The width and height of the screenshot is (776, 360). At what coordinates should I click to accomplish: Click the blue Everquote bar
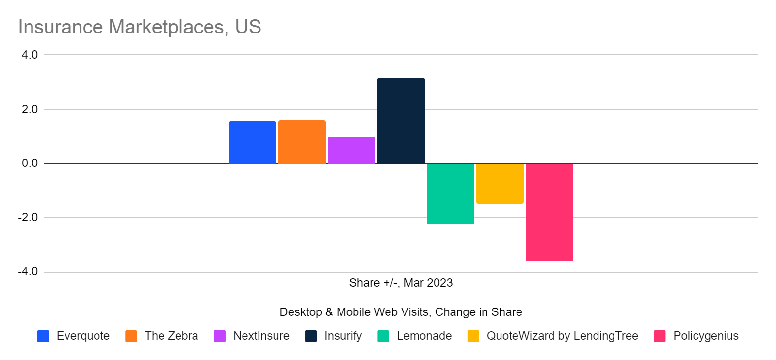coord(252,143)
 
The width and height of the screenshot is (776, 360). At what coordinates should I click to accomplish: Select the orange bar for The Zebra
coord(302,142)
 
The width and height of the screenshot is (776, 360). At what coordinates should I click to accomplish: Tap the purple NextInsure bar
coord(351,150)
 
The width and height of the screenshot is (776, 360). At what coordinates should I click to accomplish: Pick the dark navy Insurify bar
coord(401,121)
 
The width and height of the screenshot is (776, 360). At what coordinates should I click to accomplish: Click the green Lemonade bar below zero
coord(450,194)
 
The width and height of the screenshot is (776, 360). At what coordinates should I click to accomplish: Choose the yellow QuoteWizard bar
coord(500,183)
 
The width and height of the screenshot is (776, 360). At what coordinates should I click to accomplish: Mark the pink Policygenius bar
coord(549,212)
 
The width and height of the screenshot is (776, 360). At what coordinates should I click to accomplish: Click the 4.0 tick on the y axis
coord(30,55)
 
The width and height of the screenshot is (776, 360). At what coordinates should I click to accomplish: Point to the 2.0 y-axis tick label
coord(30,109)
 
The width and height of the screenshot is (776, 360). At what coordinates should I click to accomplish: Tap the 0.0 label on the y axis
coord(30,164)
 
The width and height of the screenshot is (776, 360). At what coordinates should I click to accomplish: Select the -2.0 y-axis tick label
coord(28,218)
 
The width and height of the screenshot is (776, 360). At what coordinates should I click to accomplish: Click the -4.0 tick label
coord(28,272)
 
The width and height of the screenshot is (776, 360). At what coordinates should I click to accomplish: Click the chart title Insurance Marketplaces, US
coord(140,27)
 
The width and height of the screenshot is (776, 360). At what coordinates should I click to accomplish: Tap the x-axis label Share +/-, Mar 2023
coord(401,283)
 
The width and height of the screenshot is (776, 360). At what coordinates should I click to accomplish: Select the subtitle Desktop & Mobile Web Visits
coord(401,312)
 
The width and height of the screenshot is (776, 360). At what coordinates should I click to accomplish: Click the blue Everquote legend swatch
coord(43,336)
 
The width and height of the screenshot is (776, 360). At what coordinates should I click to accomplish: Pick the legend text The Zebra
coord(171,336)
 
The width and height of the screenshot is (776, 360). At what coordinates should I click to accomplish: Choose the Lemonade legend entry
coord(424,336)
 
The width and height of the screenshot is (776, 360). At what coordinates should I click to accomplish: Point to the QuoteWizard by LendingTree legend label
coord(562,336)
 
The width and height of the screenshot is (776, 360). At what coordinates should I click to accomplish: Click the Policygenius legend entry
coord(706,336)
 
